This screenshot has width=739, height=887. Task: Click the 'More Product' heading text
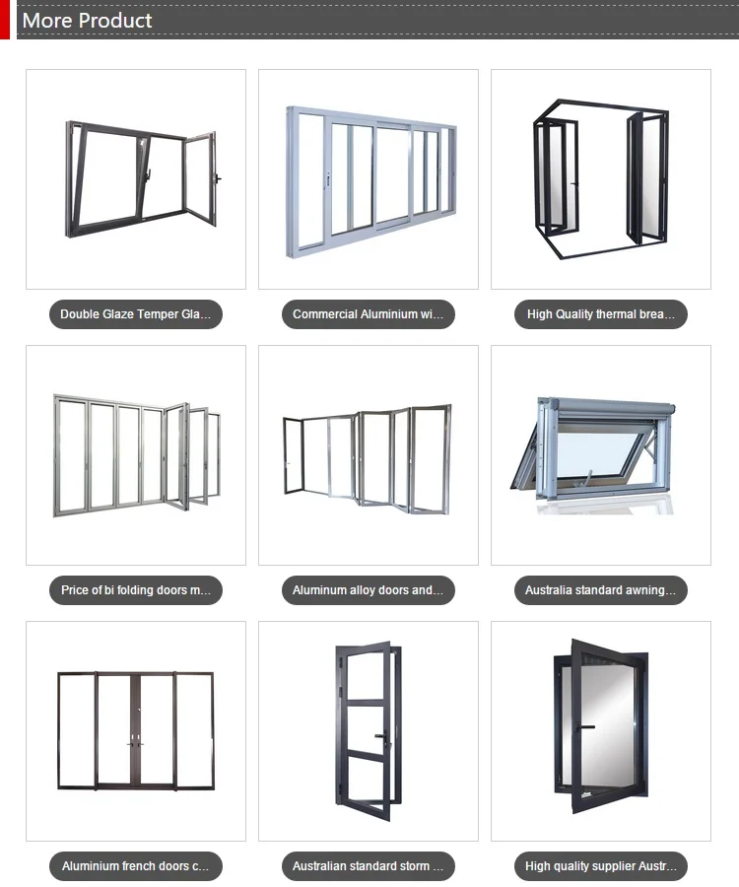(x=88, y=20)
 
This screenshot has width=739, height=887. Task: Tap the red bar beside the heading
(x=4, y=20)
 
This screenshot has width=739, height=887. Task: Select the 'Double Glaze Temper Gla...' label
(x=136, y=314)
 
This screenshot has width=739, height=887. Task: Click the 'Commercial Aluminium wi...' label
(x=369, y=314)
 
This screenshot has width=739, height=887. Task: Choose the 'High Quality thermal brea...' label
(x=601, y=314)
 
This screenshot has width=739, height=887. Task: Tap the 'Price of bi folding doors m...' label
(x=136, y=590)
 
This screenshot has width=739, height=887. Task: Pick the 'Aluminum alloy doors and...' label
(x=369, y=590)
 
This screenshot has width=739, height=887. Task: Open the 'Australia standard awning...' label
(x=601, y=590)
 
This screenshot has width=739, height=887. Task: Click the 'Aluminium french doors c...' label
(x=136, y=866)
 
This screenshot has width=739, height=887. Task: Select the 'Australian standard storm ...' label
(x=369, y=866)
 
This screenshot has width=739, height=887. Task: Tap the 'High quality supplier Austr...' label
(x=601, y=866)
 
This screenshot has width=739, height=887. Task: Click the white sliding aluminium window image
(x=370, y=180)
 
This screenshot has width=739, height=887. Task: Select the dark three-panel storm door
(x=367, y=730)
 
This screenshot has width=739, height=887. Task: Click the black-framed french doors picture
(x=136, y=729)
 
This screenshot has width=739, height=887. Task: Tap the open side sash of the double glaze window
(x=201, y=180)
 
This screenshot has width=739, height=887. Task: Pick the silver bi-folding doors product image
(x=136, y=454)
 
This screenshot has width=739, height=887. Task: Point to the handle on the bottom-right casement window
(x=587, y=726)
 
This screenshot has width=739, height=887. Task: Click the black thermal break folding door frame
(x=601, y=177)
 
